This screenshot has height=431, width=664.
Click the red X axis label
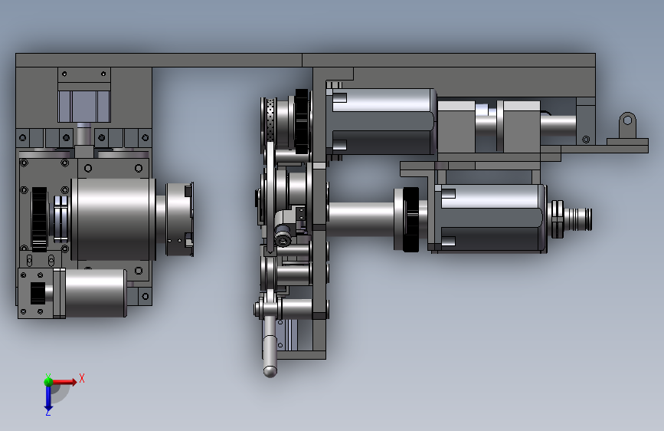coord(82,378)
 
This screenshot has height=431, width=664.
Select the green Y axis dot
coord(48,381)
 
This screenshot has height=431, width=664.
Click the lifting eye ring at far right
coord(627,121)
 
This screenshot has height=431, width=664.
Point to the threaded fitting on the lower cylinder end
coord(578,219)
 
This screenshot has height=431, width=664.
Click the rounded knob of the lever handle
coord(270,372)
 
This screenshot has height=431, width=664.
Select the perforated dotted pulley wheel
coord(271,122)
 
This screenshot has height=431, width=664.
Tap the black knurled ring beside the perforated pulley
coord(302,121)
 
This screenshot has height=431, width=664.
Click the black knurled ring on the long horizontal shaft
coord(411,219)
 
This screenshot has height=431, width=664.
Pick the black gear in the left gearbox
coord(39,219)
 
